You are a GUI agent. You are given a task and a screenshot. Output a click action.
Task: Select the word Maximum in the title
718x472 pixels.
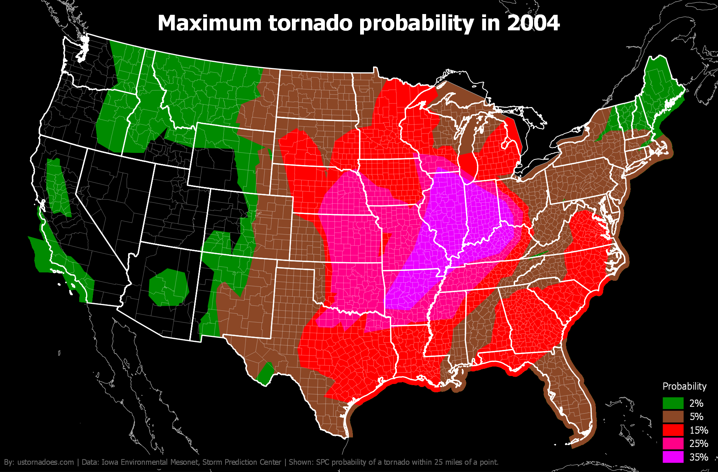click(210, 23)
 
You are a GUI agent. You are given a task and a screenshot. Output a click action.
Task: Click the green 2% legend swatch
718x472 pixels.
click(673, 403)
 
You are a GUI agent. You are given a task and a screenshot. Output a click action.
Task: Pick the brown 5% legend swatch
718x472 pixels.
click(673, 417)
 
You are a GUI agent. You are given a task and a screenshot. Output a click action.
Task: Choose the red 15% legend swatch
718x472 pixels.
click(673, 430)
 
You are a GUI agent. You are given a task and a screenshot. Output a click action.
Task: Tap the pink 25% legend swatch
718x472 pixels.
click(673, 444)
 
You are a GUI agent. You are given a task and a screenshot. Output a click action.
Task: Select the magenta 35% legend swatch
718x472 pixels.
click(673, 457)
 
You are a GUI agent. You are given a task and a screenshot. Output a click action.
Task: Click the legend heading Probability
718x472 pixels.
click(684, 386)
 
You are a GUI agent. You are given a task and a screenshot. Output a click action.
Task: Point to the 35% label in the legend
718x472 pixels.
click(699, 457)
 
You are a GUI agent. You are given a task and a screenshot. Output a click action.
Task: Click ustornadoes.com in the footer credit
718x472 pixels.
click(45, 462)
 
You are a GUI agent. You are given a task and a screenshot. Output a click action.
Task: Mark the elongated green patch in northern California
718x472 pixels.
click(58, 187)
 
